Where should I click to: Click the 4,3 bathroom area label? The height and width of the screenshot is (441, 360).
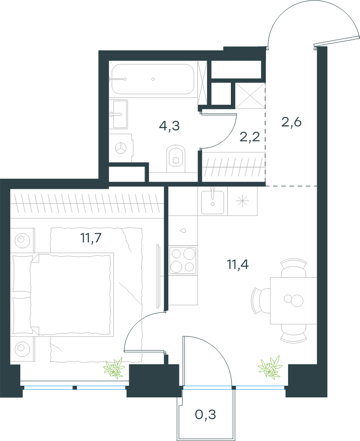coord(169,126)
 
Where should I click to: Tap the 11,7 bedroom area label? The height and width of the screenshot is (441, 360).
coord(91,238)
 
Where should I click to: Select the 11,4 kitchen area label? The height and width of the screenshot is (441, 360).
coord(238,265)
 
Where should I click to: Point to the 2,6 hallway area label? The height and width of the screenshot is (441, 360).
coord(291,122)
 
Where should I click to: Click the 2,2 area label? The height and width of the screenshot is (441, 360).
coord(250,137)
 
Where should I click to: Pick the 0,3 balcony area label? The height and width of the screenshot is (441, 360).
coord(206,414)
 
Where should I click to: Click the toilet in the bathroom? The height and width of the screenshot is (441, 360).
coord(176,158)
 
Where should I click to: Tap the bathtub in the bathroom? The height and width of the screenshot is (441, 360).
coord(153,79)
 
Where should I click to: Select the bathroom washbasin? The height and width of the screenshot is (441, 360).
coord(118,114)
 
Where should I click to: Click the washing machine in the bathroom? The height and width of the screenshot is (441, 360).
coord(121,147)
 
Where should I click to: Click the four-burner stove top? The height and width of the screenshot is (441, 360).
coord(183,260)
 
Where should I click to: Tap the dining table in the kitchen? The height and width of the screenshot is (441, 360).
coord(293,301)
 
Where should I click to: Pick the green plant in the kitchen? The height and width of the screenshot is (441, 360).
coord(270,367)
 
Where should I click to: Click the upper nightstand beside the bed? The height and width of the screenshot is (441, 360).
coord(22,240)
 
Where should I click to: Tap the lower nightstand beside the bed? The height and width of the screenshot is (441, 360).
coord(22,349)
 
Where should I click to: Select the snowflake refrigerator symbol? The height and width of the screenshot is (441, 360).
coord(242,201)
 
